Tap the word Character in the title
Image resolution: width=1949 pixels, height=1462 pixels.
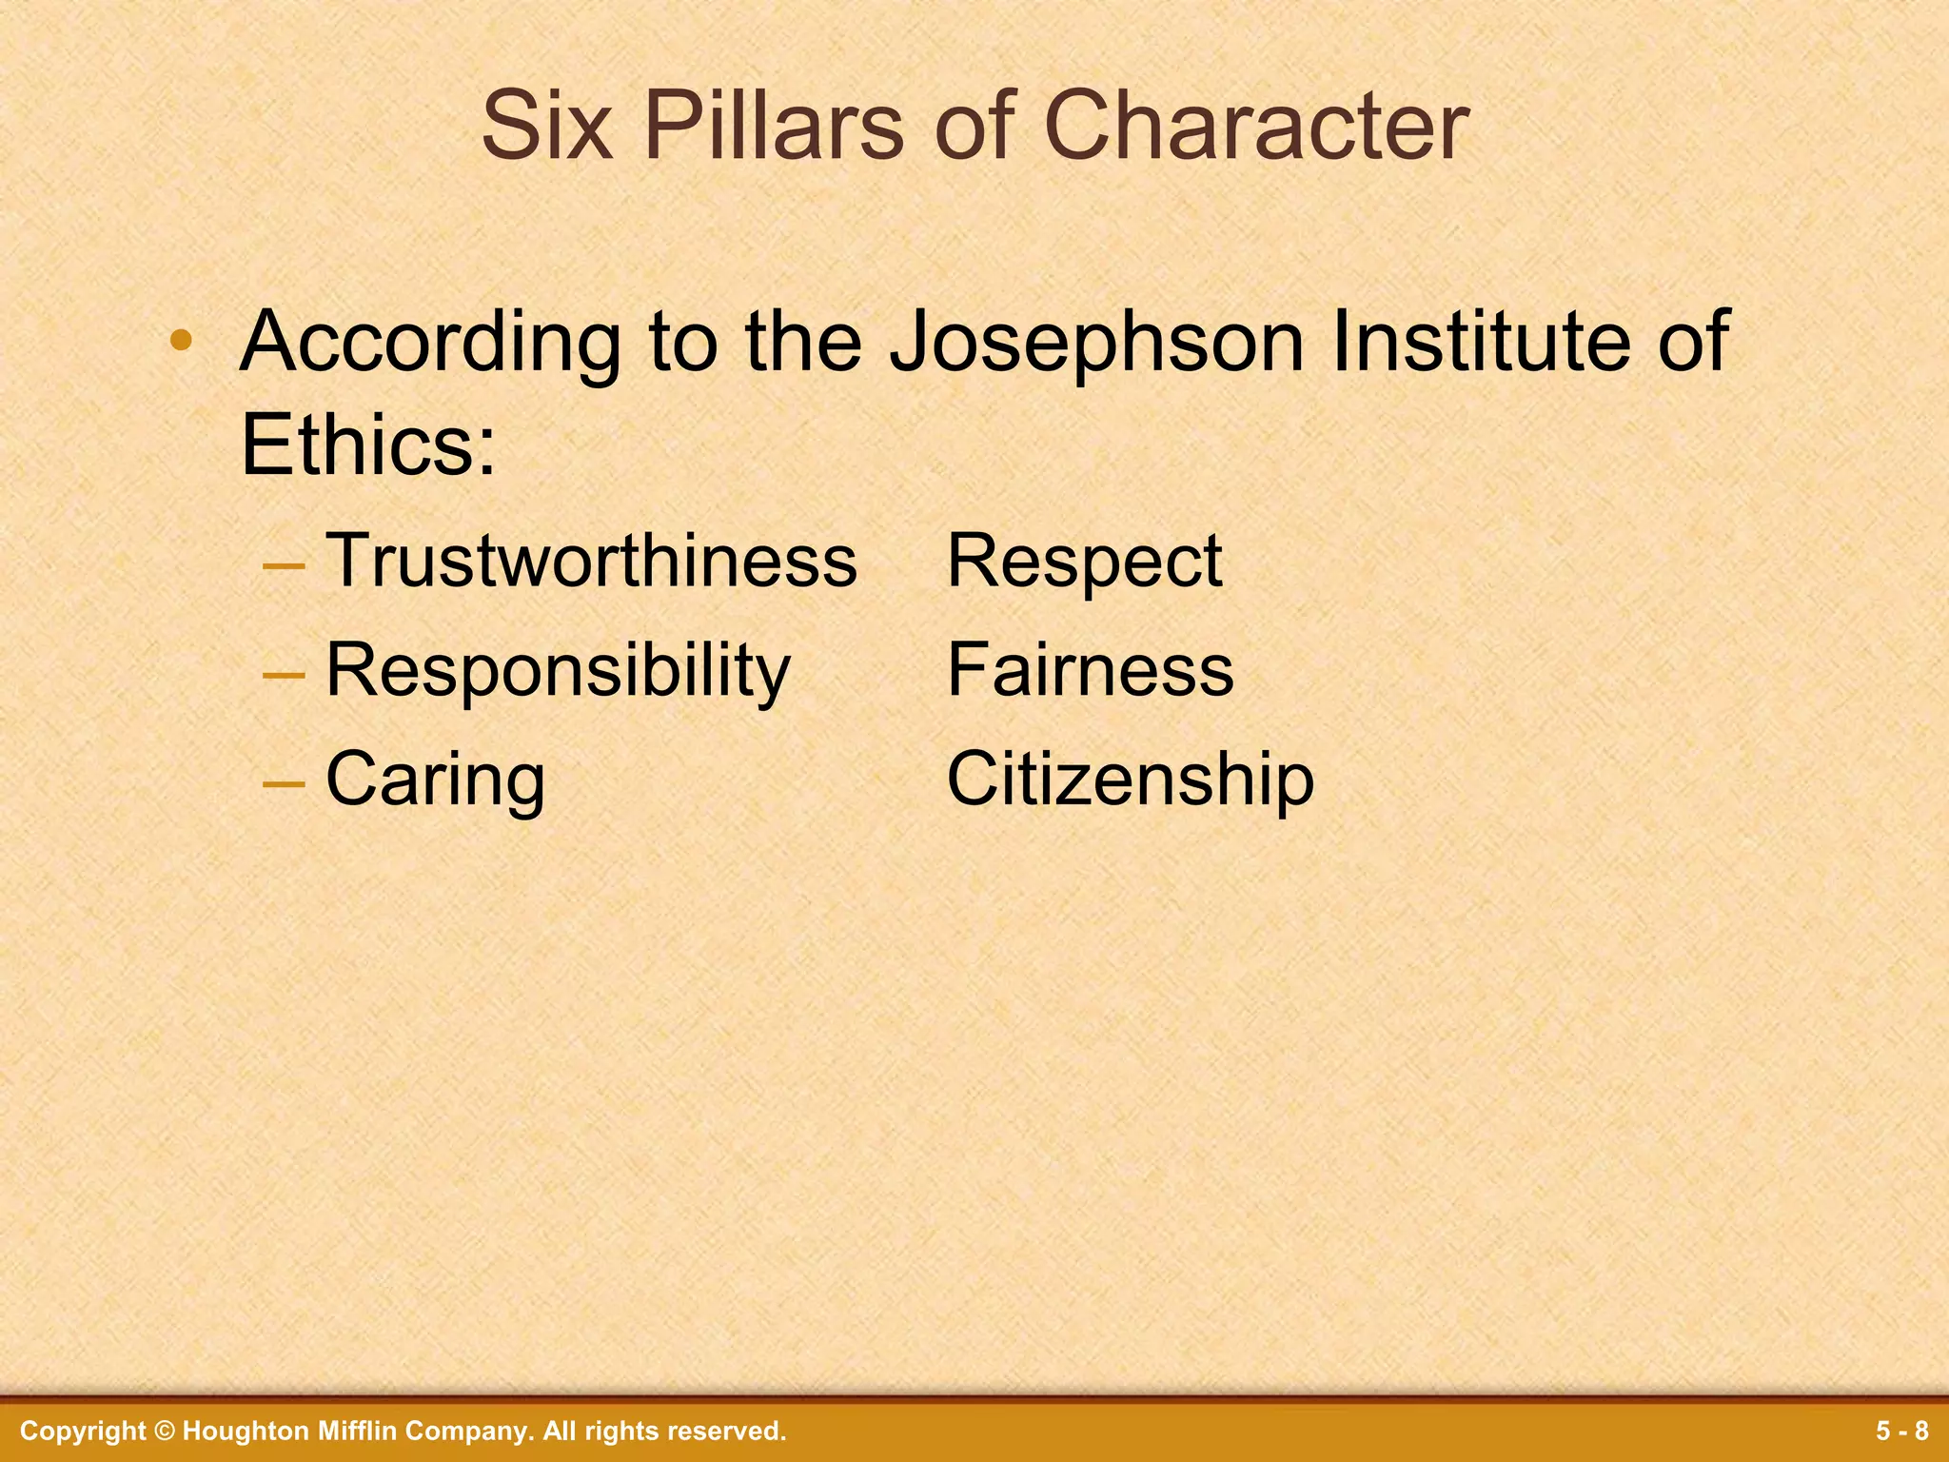(1256, 127)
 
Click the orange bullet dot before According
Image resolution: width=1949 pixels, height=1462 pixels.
(181, 341)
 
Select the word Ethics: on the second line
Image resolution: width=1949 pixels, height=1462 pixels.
(368, 445)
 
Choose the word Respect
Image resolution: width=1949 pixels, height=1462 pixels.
(1084, 562)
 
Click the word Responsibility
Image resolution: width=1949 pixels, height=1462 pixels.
(558, 670)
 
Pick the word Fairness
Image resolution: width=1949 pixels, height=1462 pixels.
(1090, 670)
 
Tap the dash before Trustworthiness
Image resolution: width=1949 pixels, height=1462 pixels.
(284, 564)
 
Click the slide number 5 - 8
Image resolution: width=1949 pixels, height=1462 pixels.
(1902, 1431)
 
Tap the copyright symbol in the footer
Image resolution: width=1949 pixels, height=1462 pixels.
(165, 1431)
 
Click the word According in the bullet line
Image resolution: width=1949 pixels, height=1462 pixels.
(430, 343)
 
